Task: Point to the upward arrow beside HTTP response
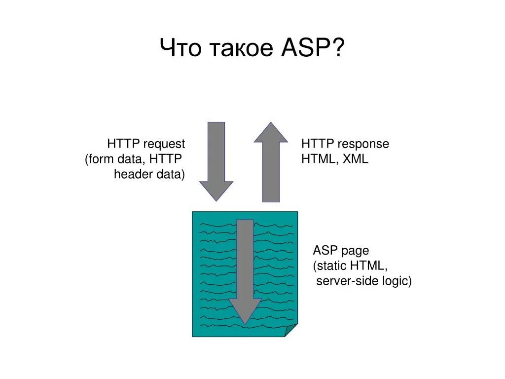pos(271,163)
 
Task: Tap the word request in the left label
pos(164,144)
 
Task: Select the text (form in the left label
pos(100,159)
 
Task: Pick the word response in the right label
pos(365,144)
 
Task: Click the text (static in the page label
pos(330,265)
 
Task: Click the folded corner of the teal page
pos(291,331)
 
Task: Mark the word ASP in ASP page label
pos(325,250)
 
